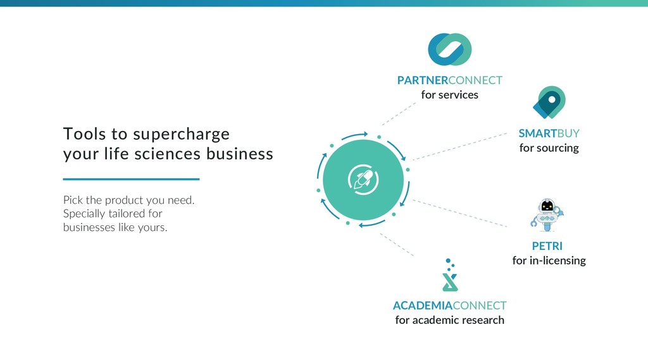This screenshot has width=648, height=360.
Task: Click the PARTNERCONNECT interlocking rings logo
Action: tap(449, 49)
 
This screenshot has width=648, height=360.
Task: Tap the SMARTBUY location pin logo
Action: tap(549, 102)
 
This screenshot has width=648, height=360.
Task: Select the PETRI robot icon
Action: tap(547, 214)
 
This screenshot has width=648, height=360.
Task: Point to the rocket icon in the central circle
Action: tap(363, 180)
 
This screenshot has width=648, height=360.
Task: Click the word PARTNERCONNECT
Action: tap(449, 80)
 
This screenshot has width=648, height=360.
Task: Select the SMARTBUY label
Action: tap(549, 133)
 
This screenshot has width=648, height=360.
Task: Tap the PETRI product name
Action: tap(547, 246)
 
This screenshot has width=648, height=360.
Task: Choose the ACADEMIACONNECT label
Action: tap(449, 306)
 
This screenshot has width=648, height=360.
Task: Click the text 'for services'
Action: tap(449, 95)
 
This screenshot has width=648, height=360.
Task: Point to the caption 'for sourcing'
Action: tap(549, 148)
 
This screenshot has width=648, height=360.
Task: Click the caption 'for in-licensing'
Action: tap(549, 261)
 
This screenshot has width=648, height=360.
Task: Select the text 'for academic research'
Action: tap(449, 320)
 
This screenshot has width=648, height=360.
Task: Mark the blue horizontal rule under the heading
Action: tap(131, 179)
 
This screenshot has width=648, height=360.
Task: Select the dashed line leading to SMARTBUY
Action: tap(461, 146)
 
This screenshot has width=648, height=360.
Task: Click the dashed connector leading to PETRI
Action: tap(461, 214)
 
